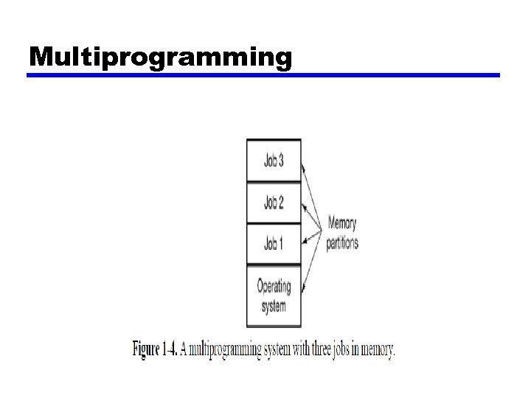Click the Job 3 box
click(274, 161)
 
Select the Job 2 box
click(274, 201)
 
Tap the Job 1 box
click(274, 242)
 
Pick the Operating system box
click(274, 295)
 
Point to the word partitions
click(342, 242)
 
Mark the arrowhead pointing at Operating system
click(304, 290)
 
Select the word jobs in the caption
click(343, 349)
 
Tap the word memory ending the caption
click(380, 349)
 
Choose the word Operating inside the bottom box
click(274, 286)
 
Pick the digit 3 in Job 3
click(281, 161)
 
